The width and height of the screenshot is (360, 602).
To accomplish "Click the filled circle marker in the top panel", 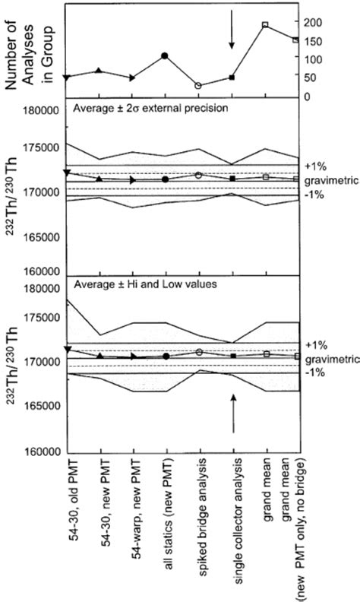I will click(x=166, y=55).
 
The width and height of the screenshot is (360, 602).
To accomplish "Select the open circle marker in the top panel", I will click(x=199, y=86).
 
